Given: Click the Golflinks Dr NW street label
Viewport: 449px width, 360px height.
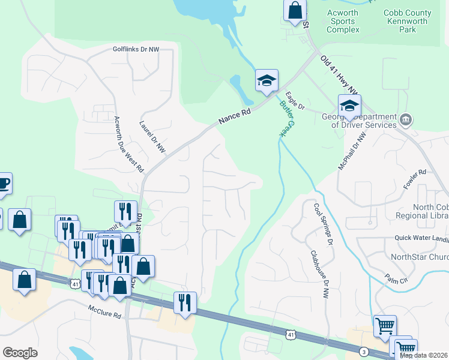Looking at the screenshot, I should pos(136,49).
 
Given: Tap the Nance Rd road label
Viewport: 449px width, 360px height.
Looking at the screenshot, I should pos(235,113).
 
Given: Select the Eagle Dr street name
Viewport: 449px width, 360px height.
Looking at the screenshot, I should pos(295,100).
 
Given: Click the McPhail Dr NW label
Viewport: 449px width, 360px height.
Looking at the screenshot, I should pos(351,151).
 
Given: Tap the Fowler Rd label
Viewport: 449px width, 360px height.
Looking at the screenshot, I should pos(414,179).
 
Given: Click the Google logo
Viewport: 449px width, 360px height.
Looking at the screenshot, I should pos(20,352).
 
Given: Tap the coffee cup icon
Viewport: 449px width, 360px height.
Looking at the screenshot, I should pos(2,183).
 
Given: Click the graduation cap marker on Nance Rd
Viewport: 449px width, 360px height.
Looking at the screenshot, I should pos(267,81).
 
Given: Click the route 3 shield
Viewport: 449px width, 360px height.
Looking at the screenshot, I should pos(364,352).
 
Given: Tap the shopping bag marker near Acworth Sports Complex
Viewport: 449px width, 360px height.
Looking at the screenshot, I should pos(294,10).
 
